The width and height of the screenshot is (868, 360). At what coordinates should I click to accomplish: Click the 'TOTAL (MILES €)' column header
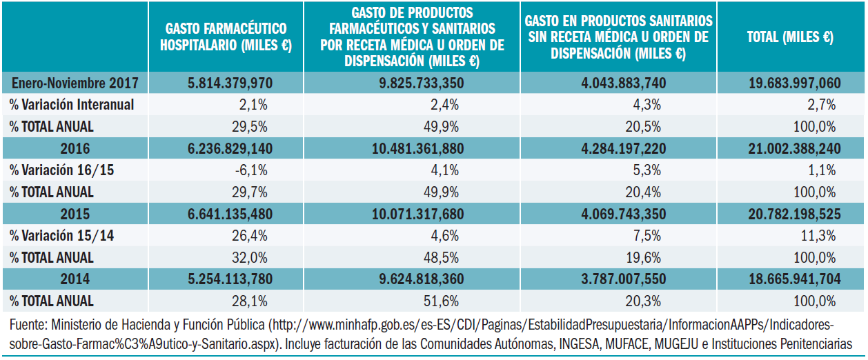(x=790, y=37)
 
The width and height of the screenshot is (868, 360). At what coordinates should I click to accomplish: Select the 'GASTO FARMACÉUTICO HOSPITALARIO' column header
(x=226, y=37)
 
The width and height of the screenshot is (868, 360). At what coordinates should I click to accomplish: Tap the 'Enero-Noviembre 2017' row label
(x=75, y=83)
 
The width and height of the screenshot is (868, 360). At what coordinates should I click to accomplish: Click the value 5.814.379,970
(x=230, y=83)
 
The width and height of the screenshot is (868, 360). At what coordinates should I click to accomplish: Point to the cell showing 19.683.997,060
(x=795, y=83)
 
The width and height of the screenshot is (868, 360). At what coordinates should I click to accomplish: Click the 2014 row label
(x=75, y=279)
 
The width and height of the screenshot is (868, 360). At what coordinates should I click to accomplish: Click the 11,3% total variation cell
(x=821, y=236)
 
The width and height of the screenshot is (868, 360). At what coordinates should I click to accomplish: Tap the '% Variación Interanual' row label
(x=72, y=105)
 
